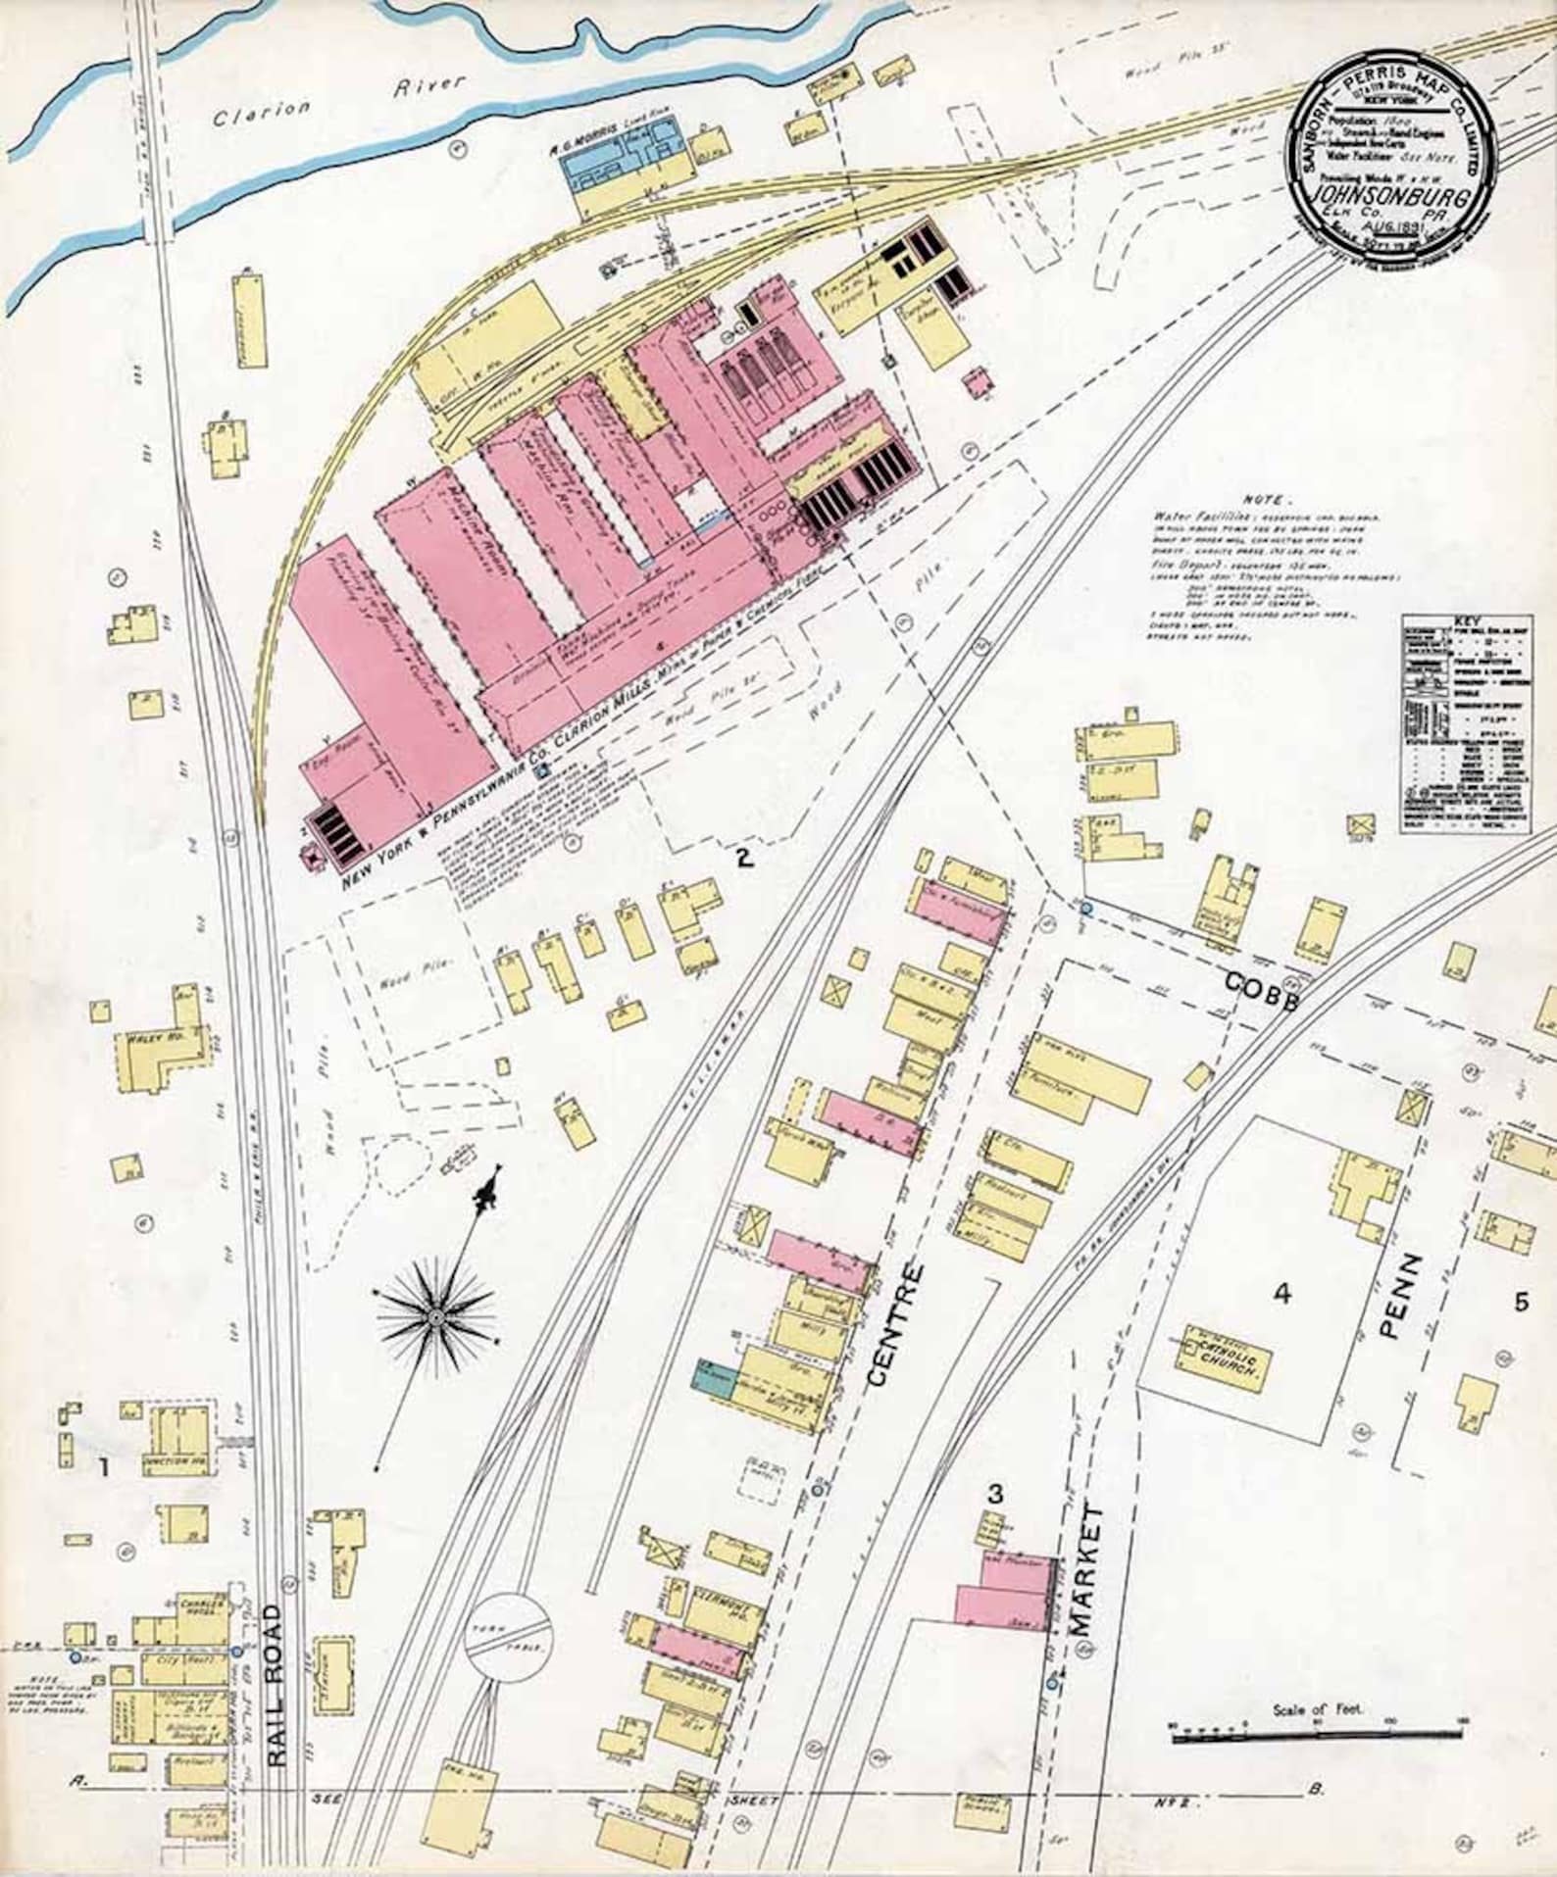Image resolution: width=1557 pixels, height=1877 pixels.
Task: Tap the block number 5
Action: click(1521, 1303)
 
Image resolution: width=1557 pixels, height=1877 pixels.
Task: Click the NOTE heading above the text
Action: click(1269, 499)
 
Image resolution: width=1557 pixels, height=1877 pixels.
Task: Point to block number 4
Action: click(1281, 1295)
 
